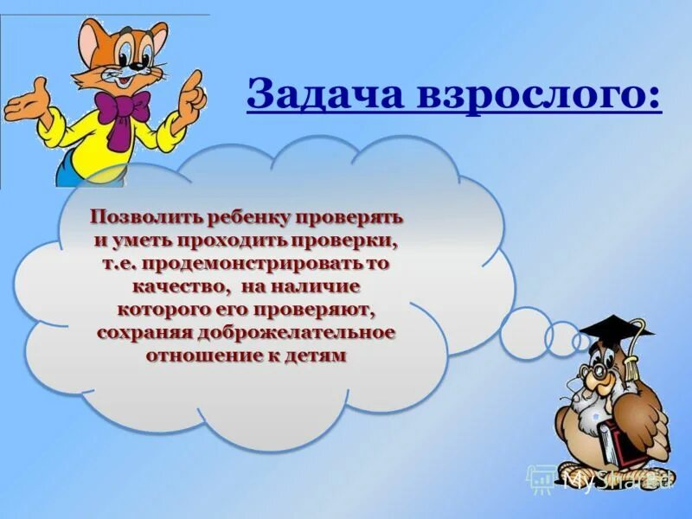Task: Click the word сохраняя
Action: click(142, 332)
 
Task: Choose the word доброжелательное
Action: click(295, 332)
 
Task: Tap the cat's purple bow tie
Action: click(120, 110)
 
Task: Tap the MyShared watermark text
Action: click(616, 479)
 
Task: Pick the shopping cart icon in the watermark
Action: click(541, 477)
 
